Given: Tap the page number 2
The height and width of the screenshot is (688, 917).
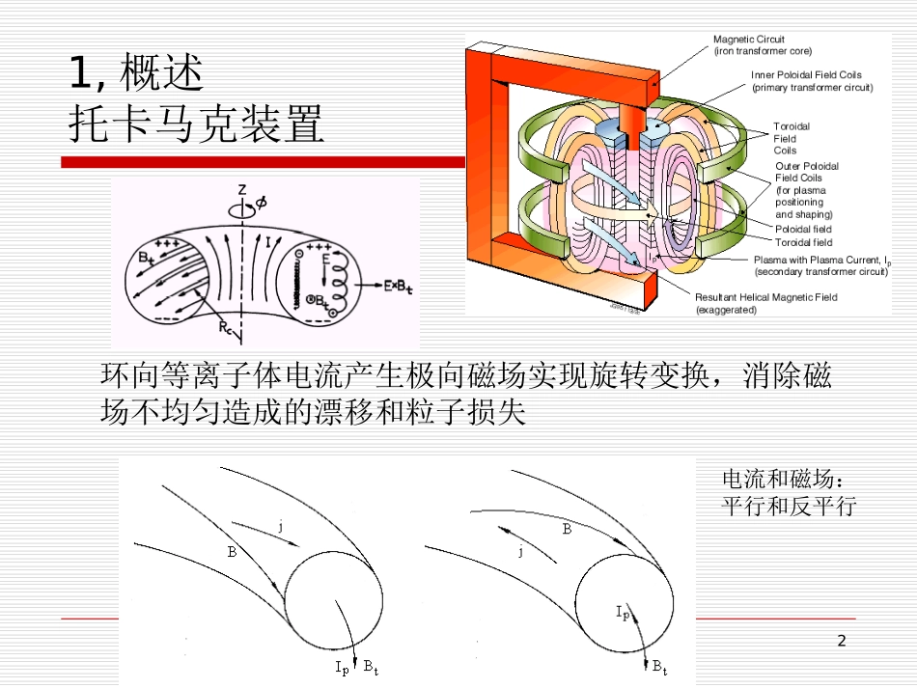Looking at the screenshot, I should (x=841, y=641).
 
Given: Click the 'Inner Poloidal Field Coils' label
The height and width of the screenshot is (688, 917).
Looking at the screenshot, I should (x=811, y=81).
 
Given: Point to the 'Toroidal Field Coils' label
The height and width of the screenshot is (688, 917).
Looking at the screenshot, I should (x=792, y=138).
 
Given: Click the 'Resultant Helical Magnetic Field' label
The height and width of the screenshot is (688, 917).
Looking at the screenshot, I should (x=765, y=304).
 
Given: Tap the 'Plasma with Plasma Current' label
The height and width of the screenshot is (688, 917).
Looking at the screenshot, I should (x=820, y=265).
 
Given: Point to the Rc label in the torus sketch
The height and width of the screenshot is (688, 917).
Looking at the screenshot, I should (x=225, y=328).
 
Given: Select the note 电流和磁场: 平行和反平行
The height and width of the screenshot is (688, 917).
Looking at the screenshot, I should (x=789, y=492).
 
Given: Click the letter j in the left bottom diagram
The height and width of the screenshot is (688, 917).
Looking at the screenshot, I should (x=280, y=526).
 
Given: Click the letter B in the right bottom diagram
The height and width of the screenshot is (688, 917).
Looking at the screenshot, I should (x=567, y=529).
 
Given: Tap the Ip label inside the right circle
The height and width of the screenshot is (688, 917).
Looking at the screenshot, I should (x=623, y=612).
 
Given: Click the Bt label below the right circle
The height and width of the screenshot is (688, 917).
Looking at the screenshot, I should (x=659, y=666).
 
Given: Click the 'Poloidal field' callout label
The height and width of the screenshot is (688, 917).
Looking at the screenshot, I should (x=803, y=230).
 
